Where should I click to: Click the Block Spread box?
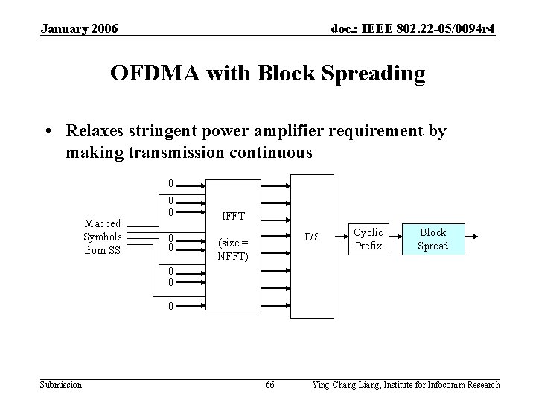pos(433,238)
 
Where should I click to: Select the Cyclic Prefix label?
pos(368,238)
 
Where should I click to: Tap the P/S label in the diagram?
pos(313,237)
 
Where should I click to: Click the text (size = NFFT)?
pos(232,249)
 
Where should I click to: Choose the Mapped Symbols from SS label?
pos(103,237)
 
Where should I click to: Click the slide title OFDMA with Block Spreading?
pos(268,74)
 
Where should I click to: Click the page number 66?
pos(269,384)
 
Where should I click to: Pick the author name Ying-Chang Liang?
pos(346,384)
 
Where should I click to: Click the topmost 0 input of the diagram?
pos(170,183)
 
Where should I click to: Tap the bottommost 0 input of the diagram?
pos(170,305)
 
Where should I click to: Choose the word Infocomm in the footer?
pos(438,384)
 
